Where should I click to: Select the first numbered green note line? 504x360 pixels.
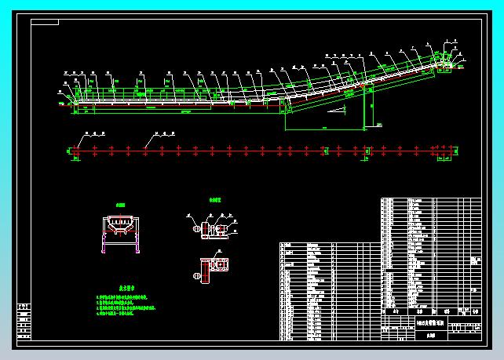(x=123, y=296)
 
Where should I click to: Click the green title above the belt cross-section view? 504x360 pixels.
(x=120, y=203)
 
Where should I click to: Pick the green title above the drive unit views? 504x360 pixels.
(x=214, y=201)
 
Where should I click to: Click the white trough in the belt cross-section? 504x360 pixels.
(x=120, y=225)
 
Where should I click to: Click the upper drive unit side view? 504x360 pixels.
(x=210, y=229)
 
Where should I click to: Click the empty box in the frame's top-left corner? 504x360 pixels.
(x=45, y=22)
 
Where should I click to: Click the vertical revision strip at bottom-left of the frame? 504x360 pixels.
(x=24, y=322)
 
